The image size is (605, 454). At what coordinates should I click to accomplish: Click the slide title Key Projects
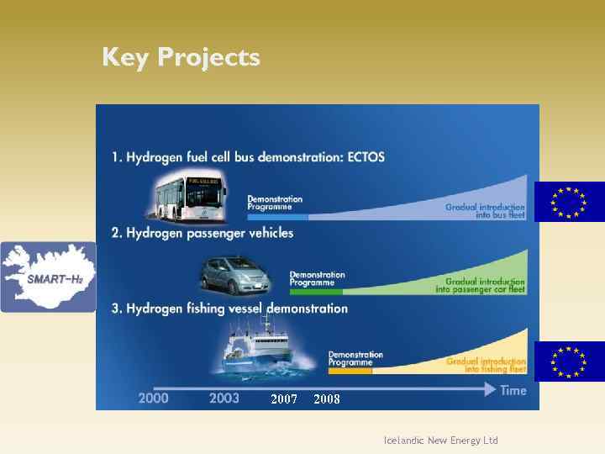181,57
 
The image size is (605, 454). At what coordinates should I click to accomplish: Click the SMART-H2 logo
48,277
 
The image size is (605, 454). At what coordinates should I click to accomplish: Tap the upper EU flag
569,203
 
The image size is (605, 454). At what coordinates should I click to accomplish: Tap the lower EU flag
569,362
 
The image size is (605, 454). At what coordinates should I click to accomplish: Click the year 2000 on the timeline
153,398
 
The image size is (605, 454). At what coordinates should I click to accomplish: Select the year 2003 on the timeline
224,398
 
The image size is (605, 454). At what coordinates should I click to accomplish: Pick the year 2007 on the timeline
283,399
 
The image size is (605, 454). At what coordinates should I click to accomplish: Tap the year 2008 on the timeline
326,399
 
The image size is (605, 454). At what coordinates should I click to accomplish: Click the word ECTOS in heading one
356,157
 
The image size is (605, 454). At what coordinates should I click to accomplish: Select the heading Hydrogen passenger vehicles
203,232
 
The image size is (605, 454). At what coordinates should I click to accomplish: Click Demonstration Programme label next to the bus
275,203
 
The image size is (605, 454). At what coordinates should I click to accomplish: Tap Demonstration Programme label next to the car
317,278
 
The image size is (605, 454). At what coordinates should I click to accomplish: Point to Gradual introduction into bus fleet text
485,211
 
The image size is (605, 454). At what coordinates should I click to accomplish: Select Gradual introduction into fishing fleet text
486,365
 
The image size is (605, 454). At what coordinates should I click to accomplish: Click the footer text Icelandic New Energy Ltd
440,441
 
